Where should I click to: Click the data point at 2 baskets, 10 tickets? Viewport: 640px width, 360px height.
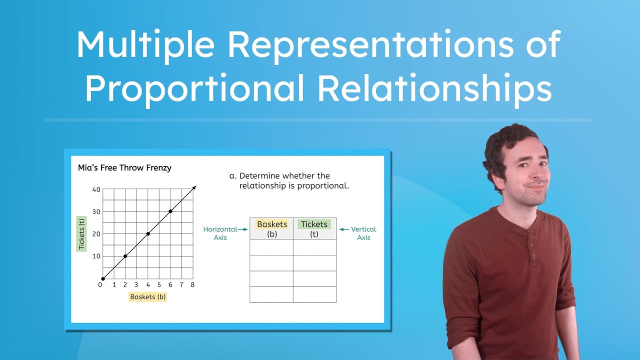[125, 256]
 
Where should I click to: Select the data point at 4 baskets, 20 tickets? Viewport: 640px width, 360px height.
[148, 233]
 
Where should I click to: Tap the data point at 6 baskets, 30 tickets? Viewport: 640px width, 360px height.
[170, 211]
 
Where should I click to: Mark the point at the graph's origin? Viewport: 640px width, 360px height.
[102, 278]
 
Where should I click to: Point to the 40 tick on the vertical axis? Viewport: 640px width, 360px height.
[96, 189]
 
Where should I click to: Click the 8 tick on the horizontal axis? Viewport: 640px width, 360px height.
[192, 285]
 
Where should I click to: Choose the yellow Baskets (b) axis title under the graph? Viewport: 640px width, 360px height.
[147, 296]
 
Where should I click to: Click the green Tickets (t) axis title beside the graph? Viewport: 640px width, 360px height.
[81, 234]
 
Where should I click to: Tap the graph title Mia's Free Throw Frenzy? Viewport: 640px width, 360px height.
[124, 168]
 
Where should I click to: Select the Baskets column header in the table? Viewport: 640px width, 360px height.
[272, 224]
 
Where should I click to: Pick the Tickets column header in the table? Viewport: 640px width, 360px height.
[314, 224]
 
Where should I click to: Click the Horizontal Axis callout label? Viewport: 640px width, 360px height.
[220, 233]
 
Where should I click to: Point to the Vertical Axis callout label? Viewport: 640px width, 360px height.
[363, 233]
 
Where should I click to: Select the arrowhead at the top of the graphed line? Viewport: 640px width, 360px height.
[194, 187]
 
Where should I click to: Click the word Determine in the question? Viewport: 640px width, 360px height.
[260, 176]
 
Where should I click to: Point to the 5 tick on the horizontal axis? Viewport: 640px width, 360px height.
[159, 285]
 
